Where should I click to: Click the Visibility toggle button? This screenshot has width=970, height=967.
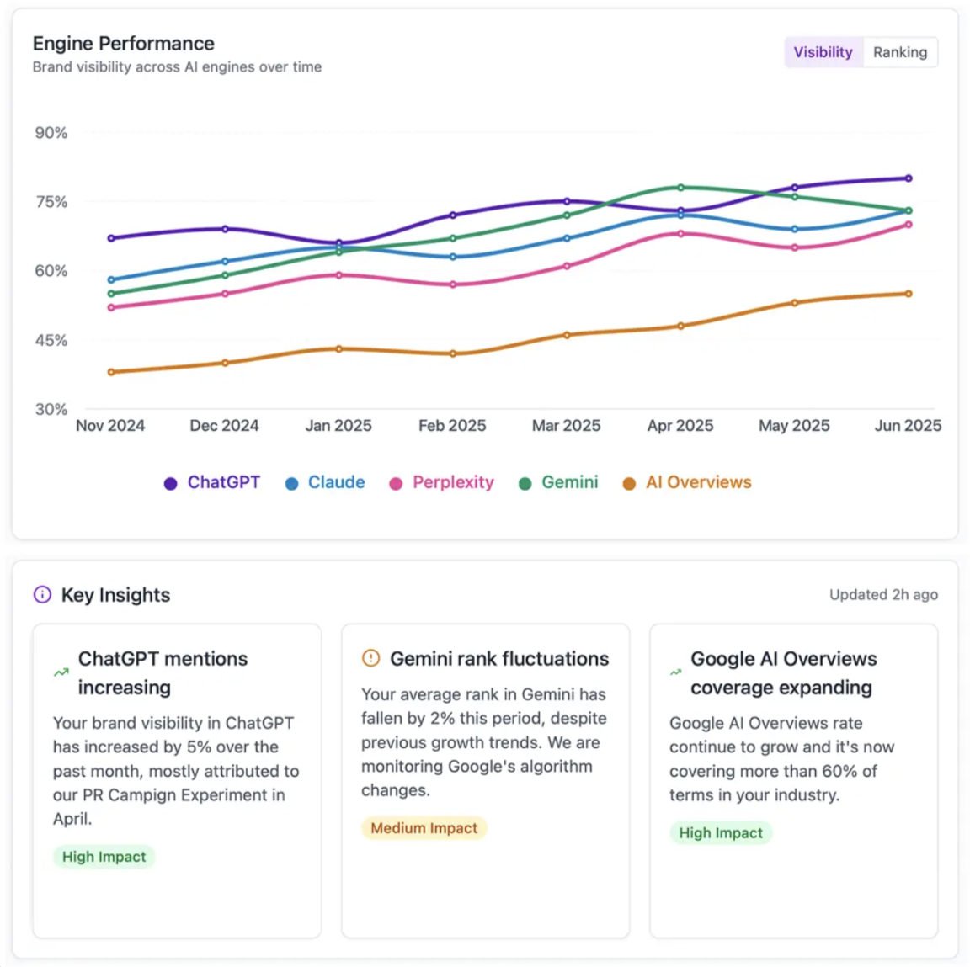pos(823,52)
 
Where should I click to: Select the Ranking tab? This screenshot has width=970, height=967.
pos(899,52)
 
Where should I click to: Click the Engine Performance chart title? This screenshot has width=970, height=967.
pos(123,44)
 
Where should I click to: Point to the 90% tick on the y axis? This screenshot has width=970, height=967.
pos(51,133)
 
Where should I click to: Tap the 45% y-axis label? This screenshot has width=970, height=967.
pos(51,341)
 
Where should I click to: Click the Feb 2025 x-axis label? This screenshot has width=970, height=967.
pos(452,426)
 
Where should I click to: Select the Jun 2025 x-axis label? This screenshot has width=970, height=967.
pos(907,426)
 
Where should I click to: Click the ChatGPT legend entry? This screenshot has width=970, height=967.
pos(212,483)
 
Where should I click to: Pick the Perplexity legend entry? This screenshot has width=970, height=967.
pos(441,483)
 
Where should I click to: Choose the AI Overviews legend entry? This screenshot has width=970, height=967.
pos(687,483)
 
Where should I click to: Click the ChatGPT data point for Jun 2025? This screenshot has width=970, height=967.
pos(909,178)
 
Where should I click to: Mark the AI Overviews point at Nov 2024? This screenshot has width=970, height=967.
pos(111,372)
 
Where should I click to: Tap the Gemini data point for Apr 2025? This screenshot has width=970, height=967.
pos(680,188)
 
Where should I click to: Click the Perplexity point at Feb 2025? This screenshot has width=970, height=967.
pos(453,284)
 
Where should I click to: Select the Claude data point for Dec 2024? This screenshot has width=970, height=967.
pos(225,262)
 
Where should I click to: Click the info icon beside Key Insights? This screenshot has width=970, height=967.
pos(42,595)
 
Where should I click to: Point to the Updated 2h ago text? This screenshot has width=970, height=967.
pos(883,595)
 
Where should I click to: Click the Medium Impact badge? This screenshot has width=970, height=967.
pos(424,828)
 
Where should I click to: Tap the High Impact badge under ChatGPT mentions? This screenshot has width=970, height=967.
pos(104,857)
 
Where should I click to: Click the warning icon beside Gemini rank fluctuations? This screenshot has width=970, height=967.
pos(370,659)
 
